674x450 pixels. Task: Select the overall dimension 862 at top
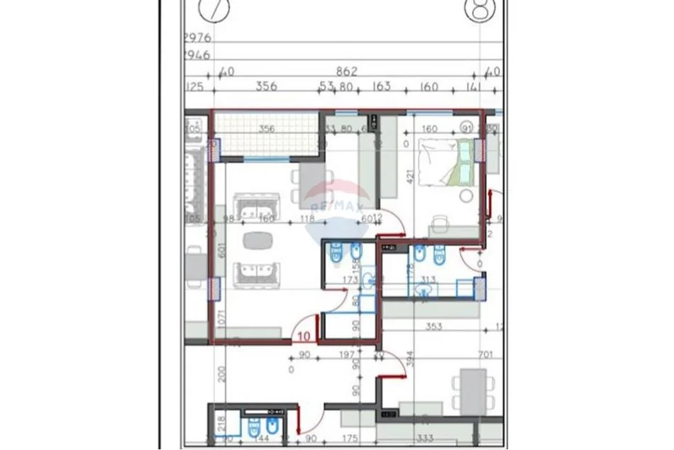coord(346,72)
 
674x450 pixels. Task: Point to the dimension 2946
coord(197,55)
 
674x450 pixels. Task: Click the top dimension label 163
coord(382,88)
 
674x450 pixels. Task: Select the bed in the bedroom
coord(446,162)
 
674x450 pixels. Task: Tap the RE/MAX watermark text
coord(343,207)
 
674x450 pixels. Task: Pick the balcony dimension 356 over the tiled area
coord(266,129)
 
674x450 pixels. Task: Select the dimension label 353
coord(433,327)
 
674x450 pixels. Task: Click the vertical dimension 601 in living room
coord(222,251)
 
